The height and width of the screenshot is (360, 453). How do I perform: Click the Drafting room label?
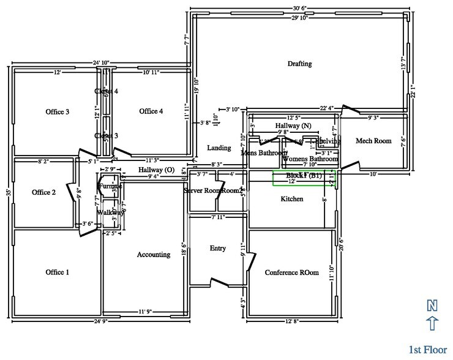(299, 64)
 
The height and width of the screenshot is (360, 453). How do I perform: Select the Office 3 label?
(58, 111)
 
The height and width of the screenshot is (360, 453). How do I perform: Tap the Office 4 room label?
(151, 111)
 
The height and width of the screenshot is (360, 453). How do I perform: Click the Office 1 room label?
(58, 272)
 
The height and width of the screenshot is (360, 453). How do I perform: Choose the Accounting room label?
(153, 255)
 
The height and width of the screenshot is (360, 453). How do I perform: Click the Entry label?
(218, 248)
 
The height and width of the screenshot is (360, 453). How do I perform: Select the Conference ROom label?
(291, 272)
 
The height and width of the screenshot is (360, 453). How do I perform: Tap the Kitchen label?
(292, 199)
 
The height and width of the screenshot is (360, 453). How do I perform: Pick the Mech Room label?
(373, 141)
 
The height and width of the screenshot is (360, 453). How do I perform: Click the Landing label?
(219, 148)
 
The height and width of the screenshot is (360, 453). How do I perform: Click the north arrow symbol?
(433, 323)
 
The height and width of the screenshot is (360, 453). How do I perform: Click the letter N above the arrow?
(433, 305)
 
